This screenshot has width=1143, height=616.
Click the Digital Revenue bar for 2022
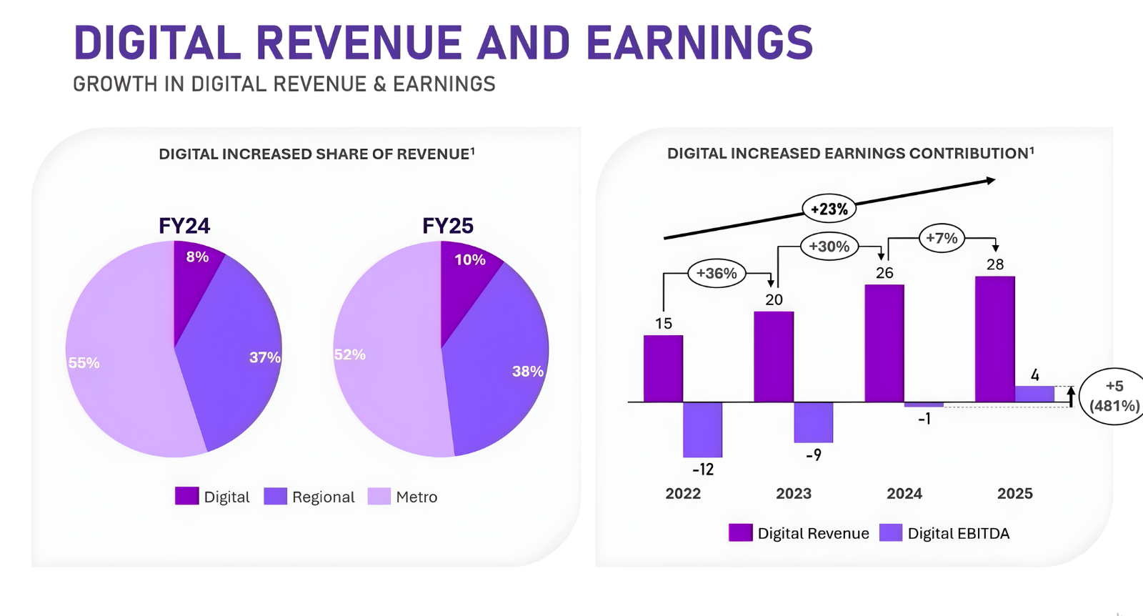point(663,369)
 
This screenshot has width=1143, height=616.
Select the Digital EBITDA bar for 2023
point(814,422)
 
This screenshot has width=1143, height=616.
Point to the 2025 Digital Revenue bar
point(994,339)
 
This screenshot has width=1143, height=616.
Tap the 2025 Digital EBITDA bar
point(1034,394)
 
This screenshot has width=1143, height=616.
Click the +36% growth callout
point(717,274)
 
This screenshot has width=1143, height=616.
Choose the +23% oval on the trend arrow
point(829,209)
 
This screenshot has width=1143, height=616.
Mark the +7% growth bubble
point(942,239)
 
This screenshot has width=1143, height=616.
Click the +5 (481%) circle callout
point(1114,396)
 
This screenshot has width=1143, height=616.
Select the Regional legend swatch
point(276,497)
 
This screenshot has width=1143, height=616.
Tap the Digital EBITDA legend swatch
point(891,533)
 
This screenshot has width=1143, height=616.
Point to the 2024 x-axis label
point(904,494)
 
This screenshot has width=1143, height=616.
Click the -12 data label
point(703,470)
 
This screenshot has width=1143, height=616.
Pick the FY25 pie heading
point(448,226)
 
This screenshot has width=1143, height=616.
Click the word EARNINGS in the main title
point(699,43)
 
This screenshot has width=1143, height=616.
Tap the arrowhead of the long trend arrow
point(990,181)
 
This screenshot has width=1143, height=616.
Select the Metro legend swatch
point(379,497)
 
